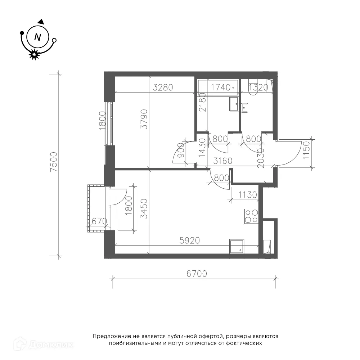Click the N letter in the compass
(37, 37)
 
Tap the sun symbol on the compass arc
(34, 54)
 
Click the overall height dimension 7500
(54, 162)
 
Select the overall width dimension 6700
(197, 274)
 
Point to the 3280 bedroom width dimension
(163, 87)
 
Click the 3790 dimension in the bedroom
(144, 119)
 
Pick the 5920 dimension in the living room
(190, 240)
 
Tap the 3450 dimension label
(144, 209)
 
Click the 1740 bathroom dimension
(221, 87)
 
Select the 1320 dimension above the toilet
(258, 87)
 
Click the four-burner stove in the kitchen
(251, 216)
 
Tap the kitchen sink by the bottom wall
(237, 246)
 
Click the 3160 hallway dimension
(223, 161)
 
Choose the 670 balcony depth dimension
(99, 221)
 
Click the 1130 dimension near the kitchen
(248, 195)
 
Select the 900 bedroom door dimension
(181, 150)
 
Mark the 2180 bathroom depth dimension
(202, 102)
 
